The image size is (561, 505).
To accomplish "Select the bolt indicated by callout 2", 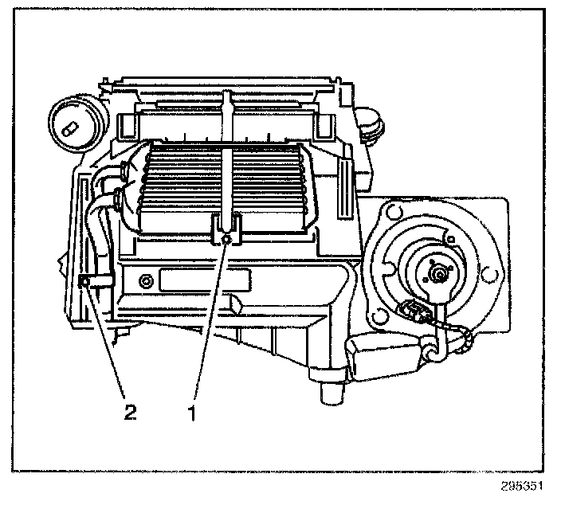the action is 85,280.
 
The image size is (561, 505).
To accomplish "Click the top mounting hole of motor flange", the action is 391,212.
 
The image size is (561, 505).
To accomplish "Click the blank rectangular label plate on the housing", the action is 206,281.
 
